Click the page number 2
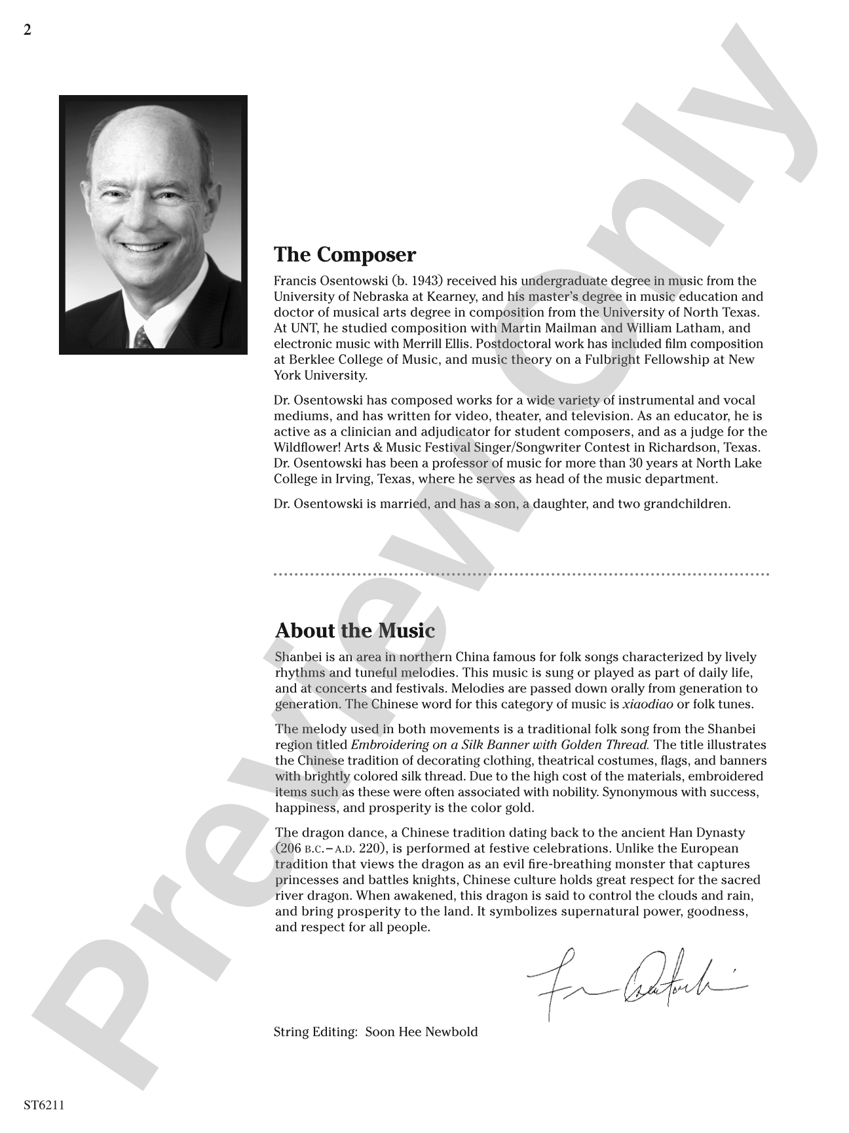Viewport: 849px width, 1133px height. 27,30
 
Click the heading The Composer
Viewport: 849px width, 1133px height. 345,254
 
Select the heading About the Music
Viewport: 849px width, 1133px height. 354,631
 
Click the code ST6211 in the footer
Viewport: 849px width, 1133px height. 44,1105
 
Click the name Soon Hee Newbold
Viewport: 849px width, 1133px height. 421,1032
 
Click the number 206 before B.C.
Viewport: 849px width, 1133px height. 290,848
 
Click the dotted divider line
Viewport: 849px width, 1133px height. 521,574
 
